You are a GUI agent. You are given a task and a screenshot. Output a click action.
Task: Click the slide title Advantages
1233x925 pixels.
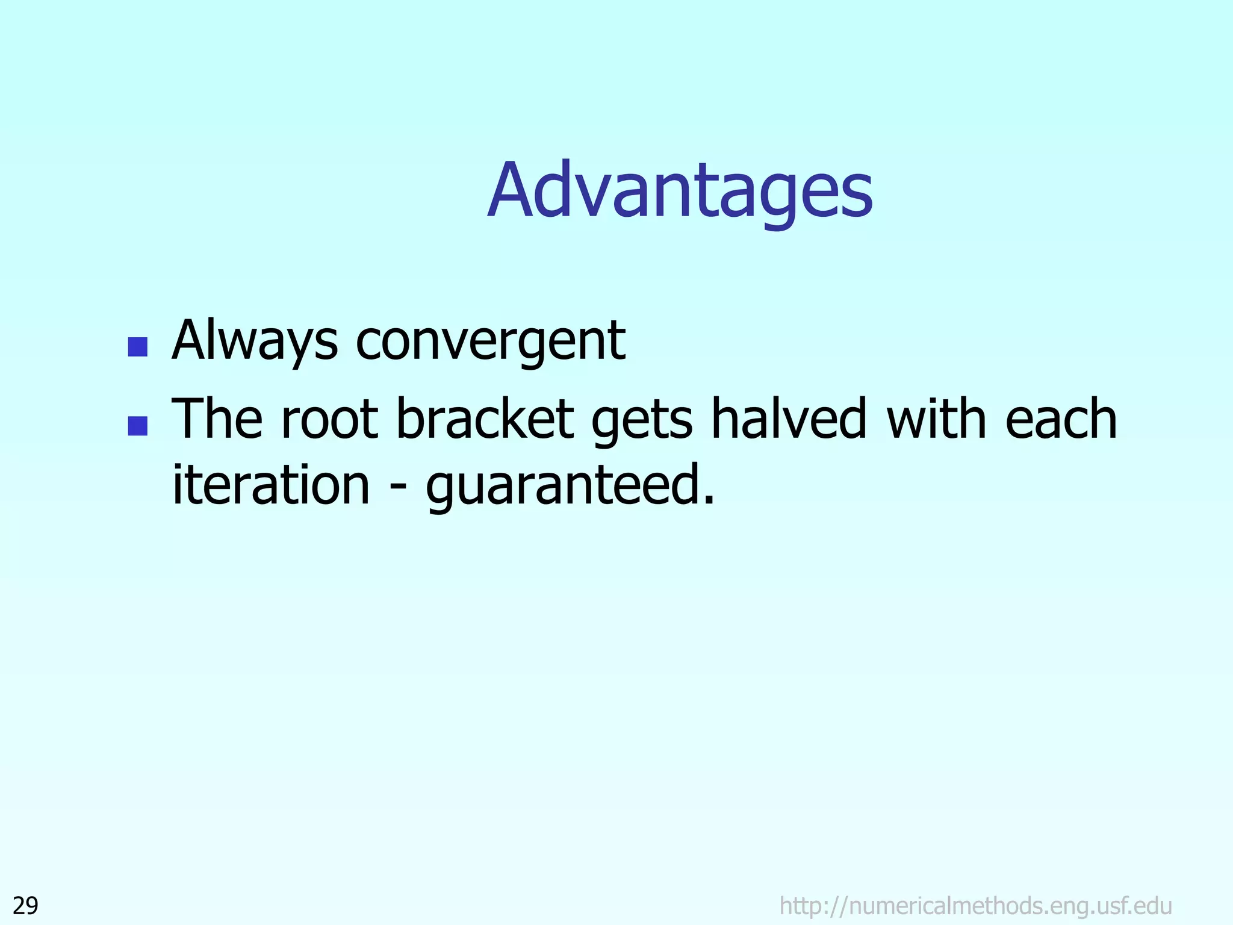(x=680, y=192)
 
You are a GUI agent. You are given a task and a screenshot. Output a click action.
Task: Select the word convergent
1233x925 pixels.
(x=490, y=342)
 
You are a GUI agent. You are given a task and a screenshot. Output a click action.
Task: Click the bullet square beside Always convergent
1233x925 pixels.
(x=138, y=347)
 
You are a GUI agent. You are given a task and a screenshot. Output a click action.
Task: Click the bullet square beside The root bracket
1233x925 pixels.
(x=138, y=426)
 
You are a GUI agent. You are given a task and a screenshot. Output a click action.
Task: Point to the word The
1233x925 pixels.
(x=217, y=419)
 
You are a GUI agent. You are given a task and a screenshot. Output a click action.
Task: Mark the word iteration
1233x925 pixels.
(x=271, y=485)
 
